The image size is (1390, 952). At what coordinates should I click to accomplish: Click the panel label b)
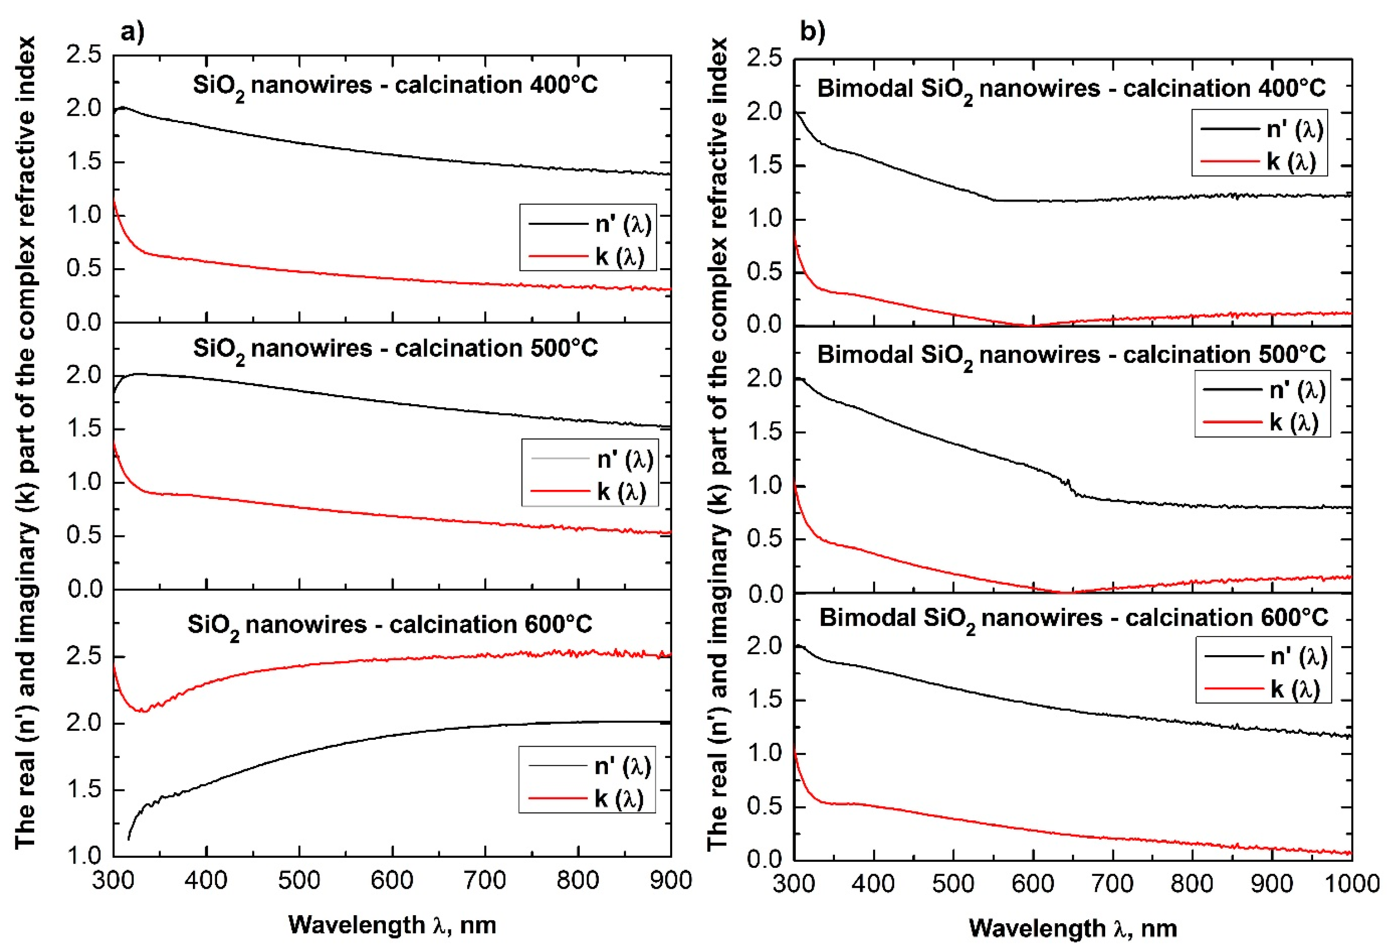pos(812,31)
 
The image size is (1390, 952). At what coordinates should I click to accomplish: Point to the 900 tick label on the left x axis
pos(671,880)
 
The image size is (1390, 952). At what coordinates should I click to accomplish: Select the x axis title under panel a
pos(392,925)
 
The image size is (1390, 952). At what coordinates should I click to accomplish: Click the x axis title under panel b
pos(1072,928)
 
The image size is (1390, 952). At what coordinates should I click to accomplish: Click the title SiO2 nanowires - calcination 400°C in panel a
pos(395,86)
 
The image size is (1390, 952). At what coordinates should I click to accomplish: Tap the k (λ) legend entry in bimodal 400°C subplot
pos(1291,162)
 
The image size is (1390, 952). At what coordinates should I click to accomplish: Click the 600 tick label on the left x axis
pos(392,880)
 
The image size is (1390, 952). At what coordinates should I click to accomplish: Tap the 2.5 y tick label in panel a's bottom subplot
pos(84,657)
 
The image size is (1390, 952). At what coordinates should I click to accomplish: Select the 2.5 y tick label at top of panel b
pos(764,59)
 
